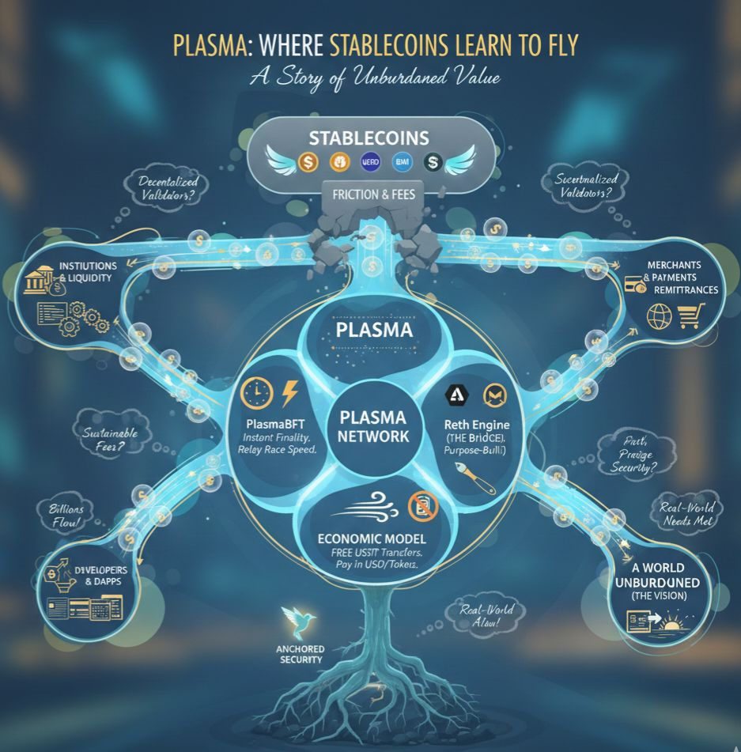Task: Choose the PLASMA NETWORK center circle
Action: click(x=372, y=426)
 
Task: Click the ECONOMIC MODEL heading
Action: click(x=372, y=537)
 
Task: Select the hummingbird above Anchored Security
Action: click(x=298, y=619)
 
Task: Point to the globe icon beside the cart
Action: click(x=658, y=318)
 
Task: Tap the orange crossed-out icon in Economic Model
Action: click(x=416, y=504)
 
